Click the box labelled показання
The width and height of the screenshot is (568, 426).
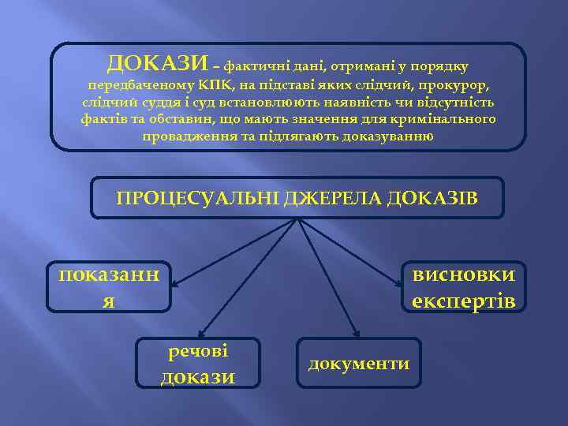tap(109, 286)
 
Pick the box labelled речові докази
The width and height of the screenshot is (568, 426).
tap(198, 364)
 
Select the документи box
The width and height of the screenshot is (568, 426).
tap(359, 364)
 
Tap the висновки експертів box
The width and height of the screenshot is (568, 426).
tap(463, 286)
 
